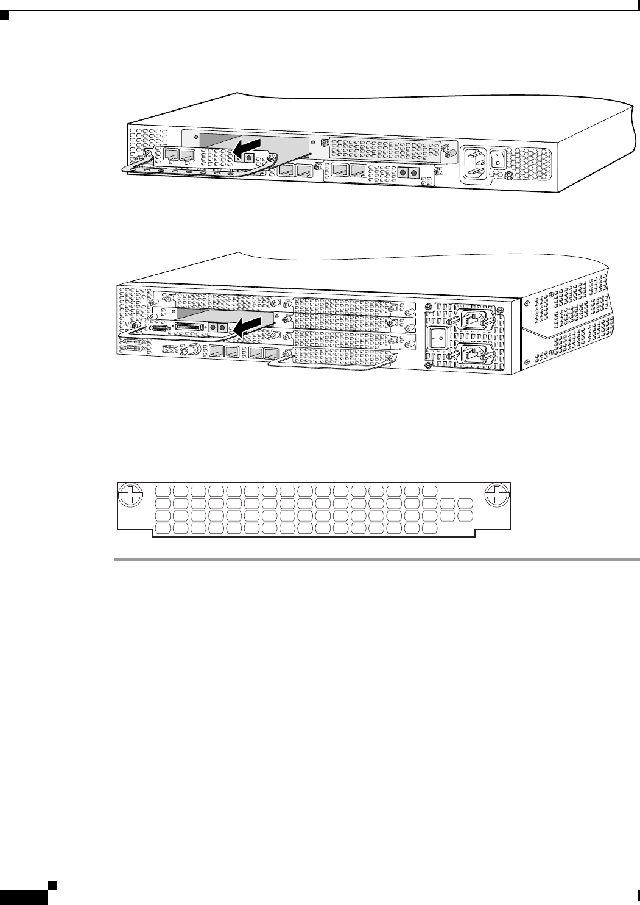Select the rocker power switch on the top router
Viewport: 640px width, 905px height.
tap(499, 158)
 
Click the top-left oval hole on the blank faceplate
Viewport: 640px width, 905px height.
tap(163, 491)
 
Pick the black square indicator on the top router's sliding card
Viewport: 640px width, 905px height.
tap(248, 157)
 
